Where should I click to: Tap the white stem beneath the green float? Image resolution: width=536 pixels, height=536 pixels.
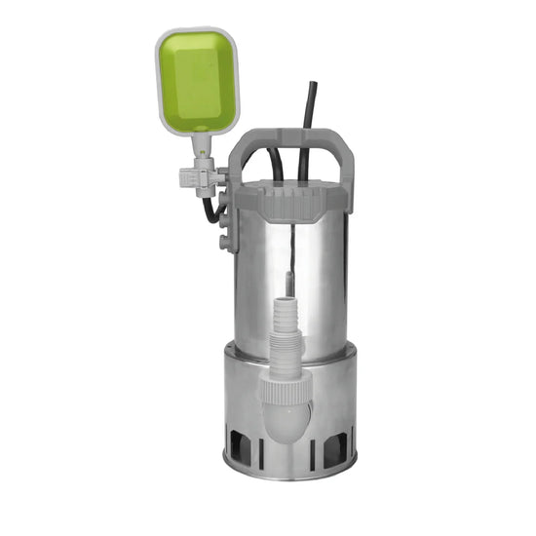point(202,146)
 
